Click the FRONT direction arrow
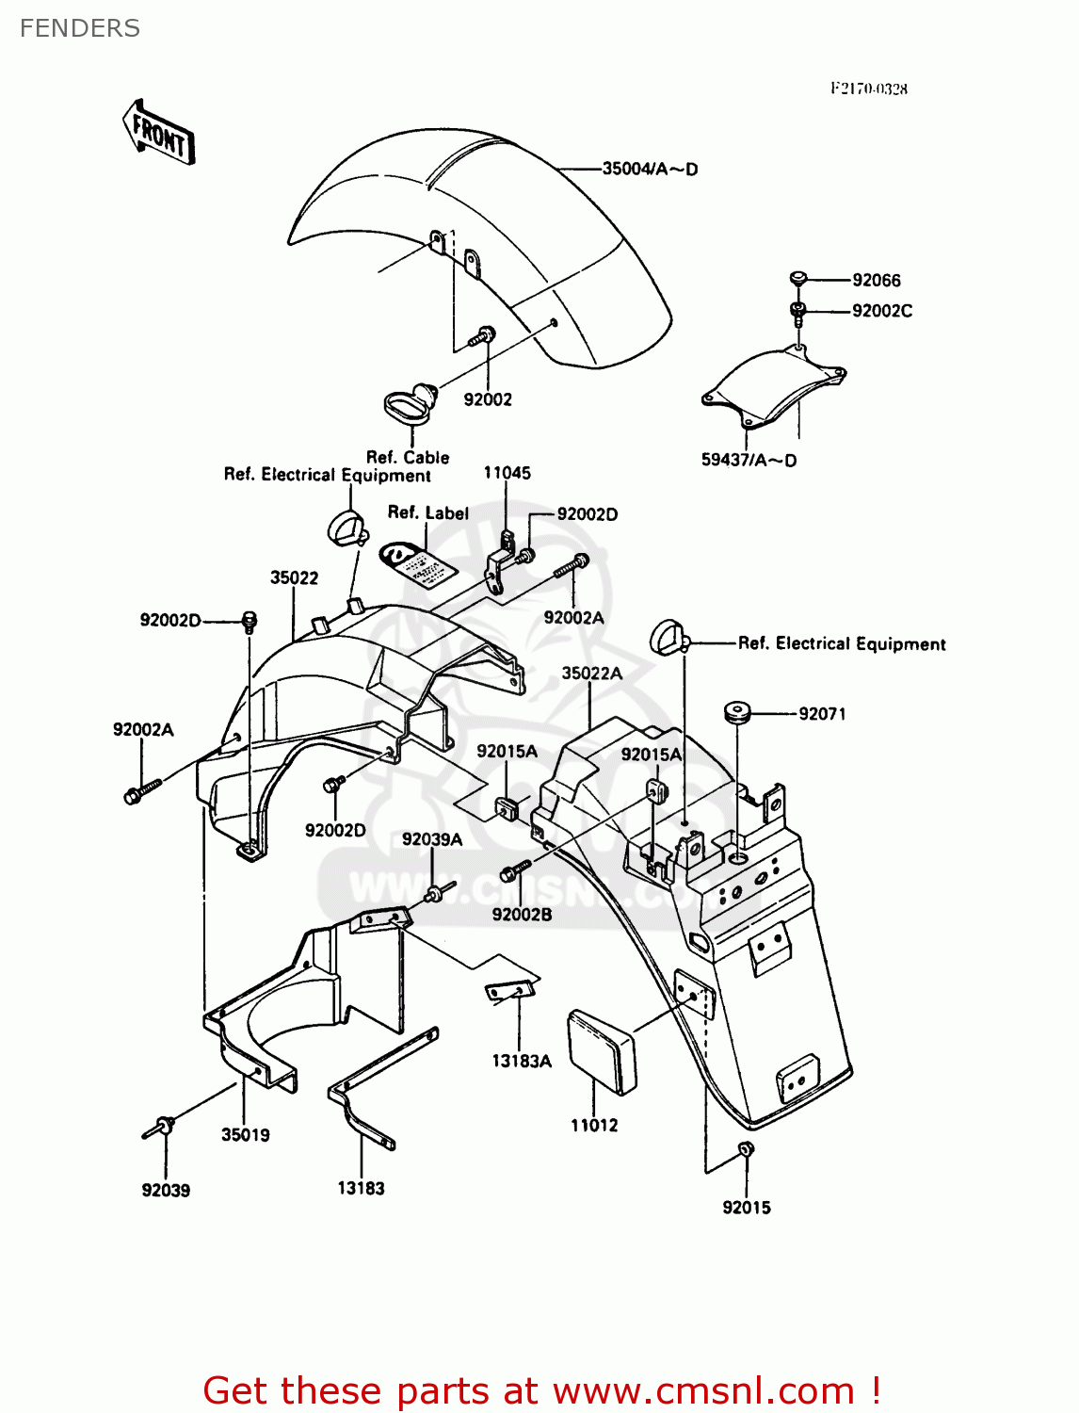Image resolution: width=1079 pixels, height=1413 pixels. point(158,134)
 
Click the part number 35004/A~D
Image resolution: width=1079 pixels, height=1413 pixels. point(650,170)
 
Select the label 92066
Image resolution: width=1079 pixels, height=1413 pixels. point(876,281)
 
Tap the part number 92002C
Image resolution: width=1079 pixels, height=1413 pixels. point(881,311)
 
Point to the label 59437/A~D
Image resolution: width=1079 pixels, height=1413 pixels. point(749,461)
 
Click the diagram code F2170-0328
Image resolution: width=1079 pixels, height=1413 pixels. point(868,89)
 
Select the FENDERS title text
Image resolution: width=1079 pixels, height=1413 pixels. point(80,28)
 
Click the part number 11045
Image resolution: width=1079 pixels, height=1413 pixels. point(507,473)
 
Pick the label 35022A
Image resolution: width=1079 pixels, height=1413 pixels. point(592,674)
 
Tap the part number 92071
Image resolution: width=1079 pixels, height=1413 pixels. point(822,714)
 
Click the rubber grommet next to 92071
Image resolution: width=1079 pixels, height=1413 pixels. point(735,712)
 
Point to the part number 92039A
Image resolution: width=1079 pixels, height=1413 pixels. point(432,839)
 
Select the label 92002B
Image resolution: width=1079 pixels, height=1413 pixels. point(522,915)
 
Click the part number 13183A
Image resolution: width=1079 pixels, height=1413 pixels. point(522,1062)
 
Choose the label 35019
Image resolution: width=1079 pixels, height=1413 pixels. point(245,1135)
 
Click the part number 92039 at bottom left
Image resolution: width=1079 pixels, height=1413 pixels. point(166,1191)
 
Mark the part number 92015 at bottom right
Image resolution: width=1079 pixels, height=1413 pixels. point(747,1208)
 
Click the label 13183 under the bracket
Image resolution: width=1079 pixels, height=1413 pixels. point(361,1189)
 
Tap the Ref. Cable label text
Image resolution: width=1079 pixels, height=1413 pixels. point(408,458)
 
